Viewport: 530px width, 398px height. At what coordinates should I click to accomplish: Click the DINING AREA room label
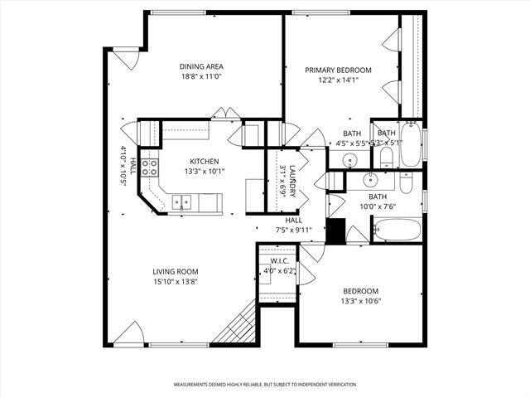[x=202, y=66]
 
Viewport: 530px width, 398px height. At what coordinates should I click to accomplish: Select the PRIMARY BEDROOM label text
[x=338, y=70]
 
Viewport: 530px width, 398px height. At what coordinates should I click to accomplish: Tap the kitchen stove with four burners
[x=150, y=169]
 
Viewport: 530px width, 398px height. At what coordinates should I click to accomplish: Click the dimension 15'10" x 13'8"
[x=175, y=281]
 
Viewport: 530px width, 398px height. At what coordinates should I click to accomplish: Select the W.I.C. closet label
[x=278, y=261]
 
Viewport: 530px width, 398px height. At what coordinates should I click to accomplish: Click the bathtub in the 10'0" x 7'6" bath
[x=397, y=230]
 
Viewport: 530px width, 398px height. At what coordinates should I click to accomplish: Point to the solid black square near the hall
[x=335, y=231]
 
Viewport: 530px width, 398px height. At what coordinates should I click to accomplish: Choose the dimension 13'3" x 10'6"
[x=360, y=301]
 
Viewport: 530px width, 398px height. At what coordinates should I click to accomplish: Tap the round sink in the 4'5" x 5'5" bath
[x=351, y=160]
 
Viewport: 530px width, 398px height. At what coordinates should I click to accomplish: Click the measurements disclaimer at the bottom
[x=265, y=385]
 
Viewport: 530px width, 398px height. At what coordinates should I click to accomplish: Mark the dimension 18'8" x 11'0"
[x=202, y=76]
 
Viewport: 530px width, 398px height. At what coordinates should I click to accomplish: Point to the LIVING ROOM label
[x=175, y=271]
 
